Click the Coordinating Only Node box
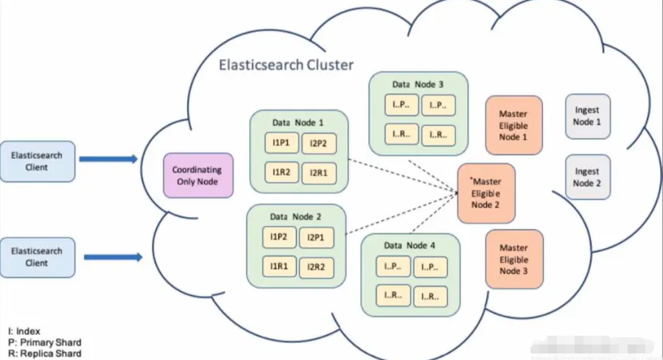(197, 175)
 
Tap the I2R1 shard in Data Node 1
(319, 172)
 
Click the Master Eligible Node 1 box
(513, 125)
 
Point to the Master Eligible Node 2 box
(486, 193)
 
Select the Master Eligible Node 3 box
(513, 259)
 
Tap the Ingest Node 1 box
(587, 116)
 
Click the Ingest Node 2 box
(587, 177)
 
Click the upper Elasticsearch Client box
(37, 161)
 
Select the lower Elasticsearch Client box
(37, 257)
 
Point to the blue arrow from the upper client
(108, 158)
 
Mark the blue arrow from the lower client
(112, 257)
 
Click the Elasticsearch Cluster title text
(286, 65)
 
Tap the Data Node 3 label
(418, 84)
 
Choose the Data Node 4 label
(410, 245)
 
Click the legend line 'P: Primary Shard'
(44, 342)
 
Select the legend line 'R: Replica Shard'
(44, 353)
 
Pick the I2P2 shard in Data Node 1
(319, 143)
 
